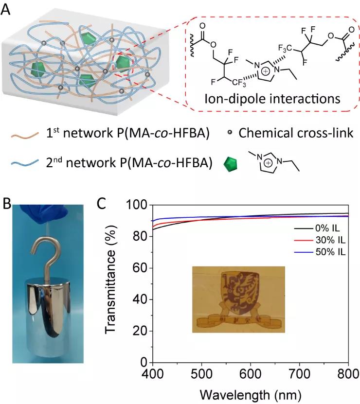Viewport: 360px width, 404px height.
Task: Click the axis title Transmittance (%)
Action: coord(112,284)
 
